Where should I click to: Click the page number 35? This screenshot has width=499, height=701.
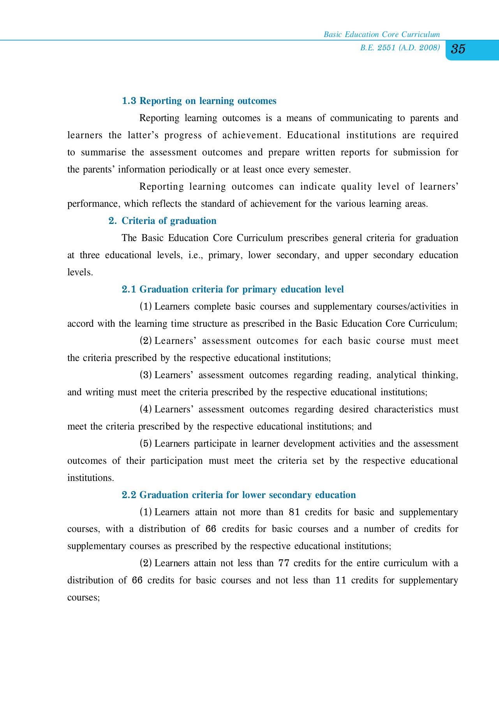tap(458, 49)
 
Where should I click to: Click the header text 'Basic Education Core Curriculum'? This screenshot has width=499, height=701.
tap(382, 35)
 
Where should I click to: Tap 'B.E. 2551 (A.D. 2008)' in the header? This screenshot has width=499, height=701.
tap(400, 48)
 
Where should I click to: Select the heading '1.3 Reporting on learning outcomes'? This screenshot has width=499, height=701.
tap(199, 101)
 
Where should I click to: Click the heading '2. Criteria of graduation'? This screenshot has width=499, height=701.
tap(162, 221)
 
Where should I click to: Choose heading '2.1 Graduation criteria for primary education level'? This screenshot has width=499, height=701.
tap(233, 289)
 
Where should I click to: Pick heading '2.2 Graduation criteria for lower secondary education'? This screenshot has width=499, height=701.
tap(239, 495)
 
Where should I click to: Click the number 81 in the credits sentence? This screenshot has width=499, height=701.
tap(294, 512)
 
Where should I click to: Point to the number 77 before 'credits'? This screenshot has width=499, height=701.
tap(284, 563)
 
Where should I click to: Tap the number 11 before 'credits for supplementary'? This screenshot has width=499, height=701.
tap(340, 580)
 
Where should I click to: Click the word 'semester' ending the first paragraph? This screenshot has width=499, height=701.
tap(334, 170)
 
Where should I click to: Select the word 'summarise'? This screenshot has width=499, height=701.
tap(103, 152)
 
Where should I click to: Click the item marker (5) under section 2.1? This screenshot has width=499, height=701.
tap(146, 444)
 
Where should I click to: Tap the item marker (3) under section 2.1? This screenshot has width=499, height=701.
tap(146, 375)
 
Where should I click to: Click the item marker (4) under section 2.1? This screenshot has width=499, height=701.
tap(146, 409)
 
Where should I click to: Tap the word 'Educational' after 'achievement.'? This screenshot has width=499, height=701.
tap(314, 135)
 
